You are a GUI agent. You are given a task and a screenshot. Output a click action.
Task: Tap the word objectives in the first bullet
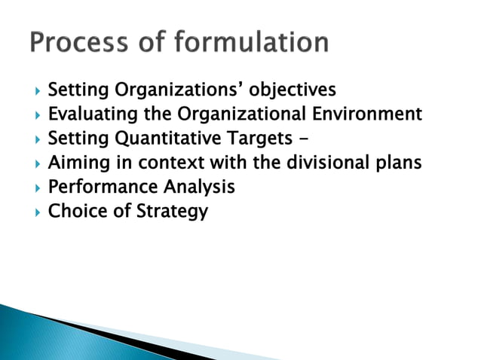[293, 91]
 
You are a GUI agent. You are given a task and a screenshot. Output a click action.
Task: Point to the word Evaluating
[90, 115]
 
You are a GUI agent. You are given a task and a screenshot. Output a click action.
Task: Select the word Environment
[370, 115]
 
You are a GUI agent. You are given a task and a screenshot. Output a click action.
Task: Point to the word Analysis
[197, 188]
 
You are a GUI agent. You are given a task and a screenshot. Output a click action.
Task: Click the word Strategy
[172, 212]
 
